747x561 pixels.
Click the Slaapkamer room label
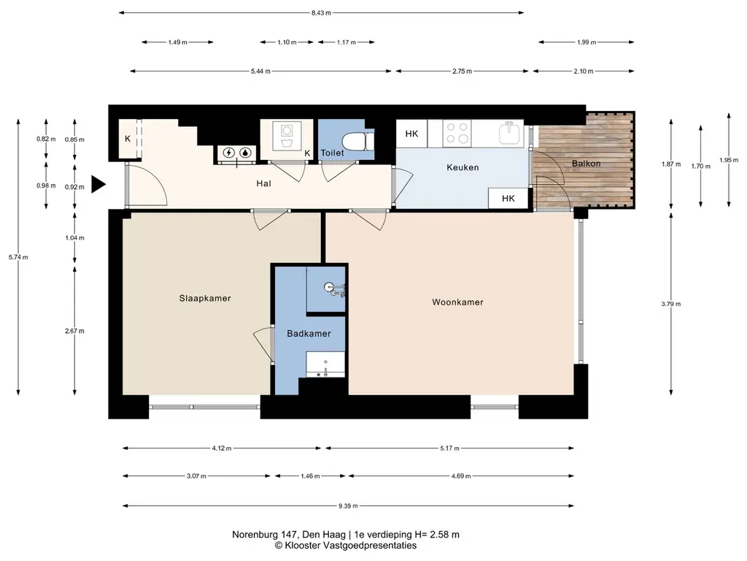point(205,299)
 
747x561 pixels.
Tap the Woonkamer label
point(457,302)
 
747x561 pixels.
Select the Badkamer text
point(309,333)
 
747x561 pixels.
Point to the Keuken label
point(462,167)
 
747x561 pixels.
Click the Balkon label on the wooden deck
point(586,163)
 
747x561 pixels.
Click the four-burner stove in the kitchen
point(457,133)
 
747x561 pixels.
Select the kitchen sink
point(511,133)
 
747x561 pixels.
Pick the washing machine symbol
point(287,135)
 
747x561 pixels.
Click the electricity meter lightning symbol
point(229,153)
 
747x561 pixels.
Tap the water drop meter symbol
point(245,153)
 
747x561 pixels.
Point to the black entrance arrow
point(98,184)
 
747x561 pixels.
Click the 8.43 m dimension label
point(321,13)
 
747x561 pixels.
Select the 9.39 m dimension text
point(348,505)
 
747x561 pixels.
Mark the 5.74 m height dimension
point(18,257)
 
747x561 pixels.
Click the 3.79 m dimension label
point(671,304)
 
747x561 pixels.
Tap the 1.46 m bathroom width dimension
point(310,476)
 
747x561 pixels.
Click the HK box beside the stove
point(411,134)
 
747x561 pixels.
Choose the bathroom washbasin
point(325,365)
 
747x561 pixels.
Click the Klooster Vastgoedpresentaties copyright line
point(346,545)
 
